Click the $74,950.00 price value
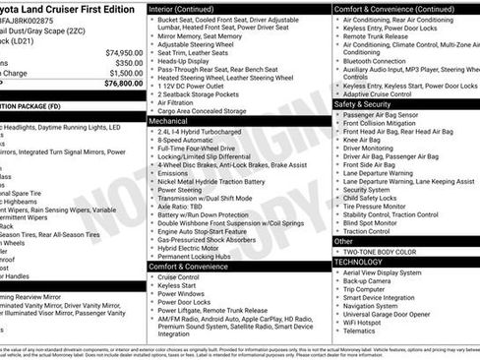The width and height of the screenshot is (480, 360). coord(124,52)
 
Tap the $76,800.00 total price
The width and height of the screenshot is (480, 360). coord(124,84)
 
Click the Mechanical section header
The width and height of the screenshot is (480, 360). coord(168,122)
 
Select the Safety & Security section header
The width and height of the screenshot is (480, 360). coord(363,103)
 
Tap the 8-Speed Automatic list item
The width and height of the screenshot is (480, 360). coord(185,141)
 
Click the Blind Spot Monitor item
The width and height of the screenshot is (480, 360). coord(376,221)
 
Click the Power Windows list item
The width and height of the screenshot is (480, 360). coord(181,293)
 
